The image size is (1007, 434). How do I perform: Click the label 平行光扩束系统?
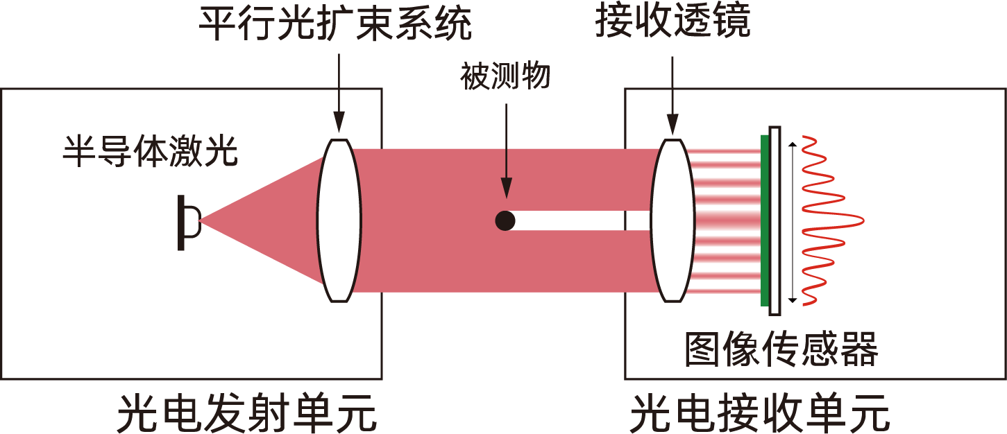pos(335,24)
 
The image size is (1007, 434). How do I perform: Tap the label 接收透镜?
pos(672,21)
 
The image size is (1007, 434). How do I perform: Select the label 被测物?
pos(505,76)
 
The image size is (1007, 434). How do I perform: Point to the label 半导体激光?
pos(150,151)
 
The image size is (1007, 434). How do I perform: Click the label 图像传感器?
pos(781,349)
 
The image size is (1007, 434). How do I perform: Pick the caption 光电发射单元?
pos(246,413)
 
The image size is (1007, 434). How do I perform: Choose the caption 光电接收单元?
pos(759,413)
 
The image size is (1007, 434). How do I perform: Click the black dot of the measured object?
pos(505,220)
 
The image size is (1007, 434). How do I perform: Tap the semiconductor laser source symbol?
pos(189,223)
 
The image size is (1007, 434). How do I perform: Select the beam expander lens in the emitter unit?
pos(339,220)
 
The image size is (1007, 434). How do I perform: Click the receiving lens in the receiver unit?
pos(672,220)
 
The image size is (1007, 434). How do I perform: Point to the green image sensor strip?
pos(765,220)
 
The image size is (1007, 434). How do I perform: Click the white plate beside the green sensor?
pos(775,221)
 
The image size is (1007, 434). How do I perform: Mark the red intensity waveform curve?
pos(831,220)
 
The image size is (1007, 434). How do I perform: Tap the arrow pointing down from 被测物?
pos(507,151)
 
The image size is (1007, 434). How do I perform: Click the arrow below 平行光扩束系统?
pos(339,93)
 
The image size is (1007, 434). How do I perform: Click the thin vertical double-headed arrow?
pos(793,223)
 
